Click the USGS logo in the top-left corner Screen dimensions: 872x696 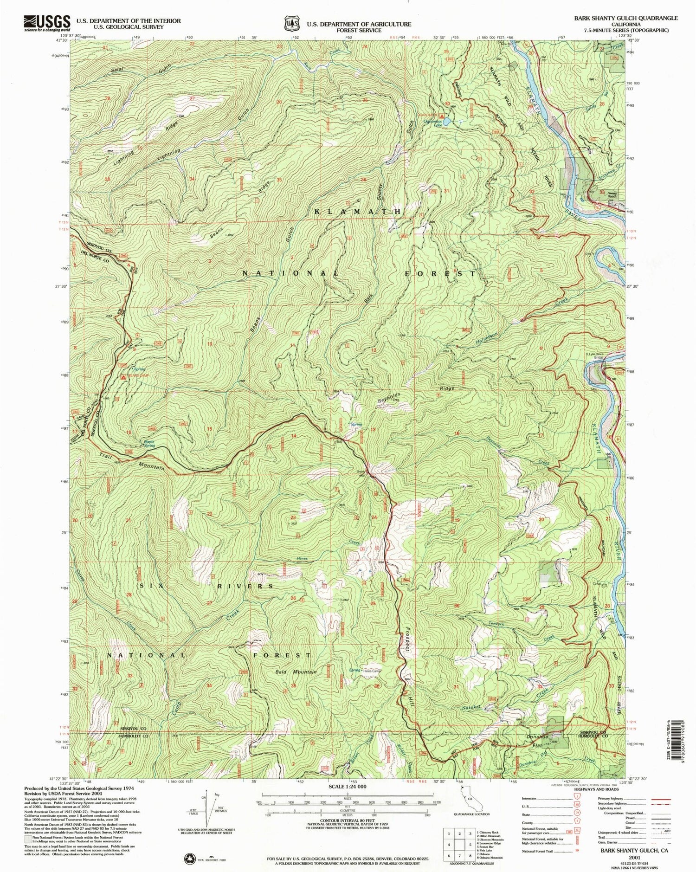[x=46, y=22]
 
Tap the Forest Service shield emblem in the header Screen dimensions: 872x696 [x=292, y=23]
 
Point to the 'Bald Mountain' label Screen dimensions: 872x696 [x=296, y=672]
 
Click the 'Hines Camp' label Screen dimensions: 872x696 [x=373, y=671]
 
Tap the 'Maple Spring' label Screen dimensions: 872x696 [x=149, y=443]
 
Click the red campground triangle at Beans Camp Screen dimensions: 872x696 [x=123, y=377]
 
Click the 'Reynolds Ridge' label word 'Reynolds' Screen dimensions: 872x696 [x=388, y=398]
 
